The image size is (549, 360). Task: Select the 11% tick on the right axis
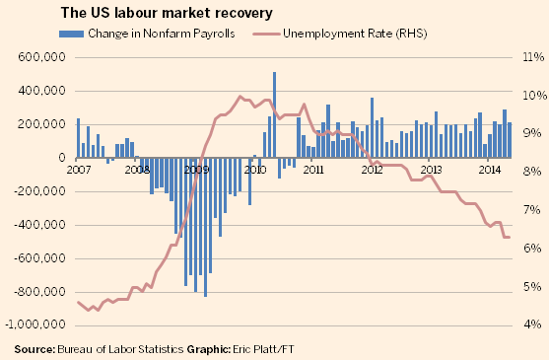(x=529, y=57)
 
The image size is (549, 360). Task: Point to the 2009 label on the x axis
(x=197, y=170)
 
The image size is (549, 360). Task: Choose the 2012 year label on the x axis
(x=373, y=170)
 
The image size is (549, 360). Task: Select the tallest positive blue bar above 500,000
(x=274, y=114)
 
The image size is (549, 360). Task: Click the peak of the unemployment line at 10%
(x=240, y=96)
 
